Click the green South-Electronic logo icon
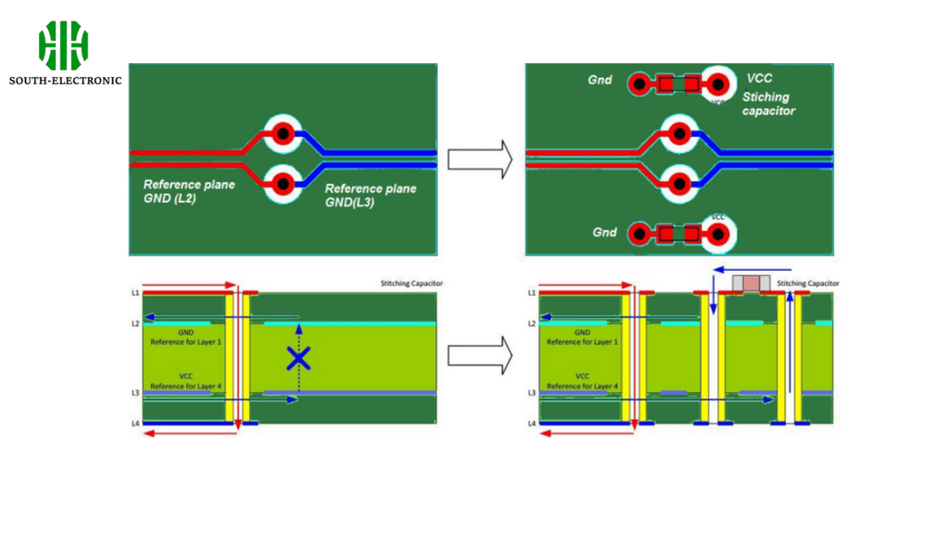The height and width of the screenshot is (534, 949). [x=63, y=45]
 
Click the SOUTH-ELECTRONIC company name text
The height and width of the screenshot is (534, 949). [x=65, y=81]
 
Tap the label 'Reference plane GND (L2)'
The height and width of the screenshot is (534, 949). [x=189, y=191]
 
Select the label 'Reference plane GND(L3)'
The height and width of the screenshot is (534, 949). [x=371, y=195]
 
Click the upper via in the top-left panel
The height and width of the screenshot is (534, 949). [x=283, y=135]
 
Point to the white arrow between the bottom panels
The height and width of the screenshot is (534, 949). [x=479, y=356]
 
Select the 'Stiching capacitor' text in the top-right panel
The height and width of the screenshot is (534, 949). [x=768, y=104]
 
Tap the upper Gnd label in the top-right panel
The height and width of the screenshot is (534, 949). [x=600, y=81]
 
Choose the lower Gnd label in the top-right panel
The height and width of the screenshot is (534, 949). [x=604, y=233]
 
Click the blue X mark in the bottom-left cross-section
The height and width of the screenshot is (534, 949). [x=297, y=359]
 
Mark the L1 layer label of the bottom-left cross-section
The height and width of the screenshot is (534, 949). [x=134, y=293]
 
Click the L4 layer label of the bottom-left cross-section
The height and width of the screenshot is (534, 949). [x=134, y=424]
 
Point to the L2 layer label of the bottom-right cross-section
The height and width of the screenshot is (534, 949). [x=531, y=324]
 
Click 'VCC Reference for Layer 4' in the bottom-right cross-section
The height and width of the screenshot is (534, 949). [x=583, y=381]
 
